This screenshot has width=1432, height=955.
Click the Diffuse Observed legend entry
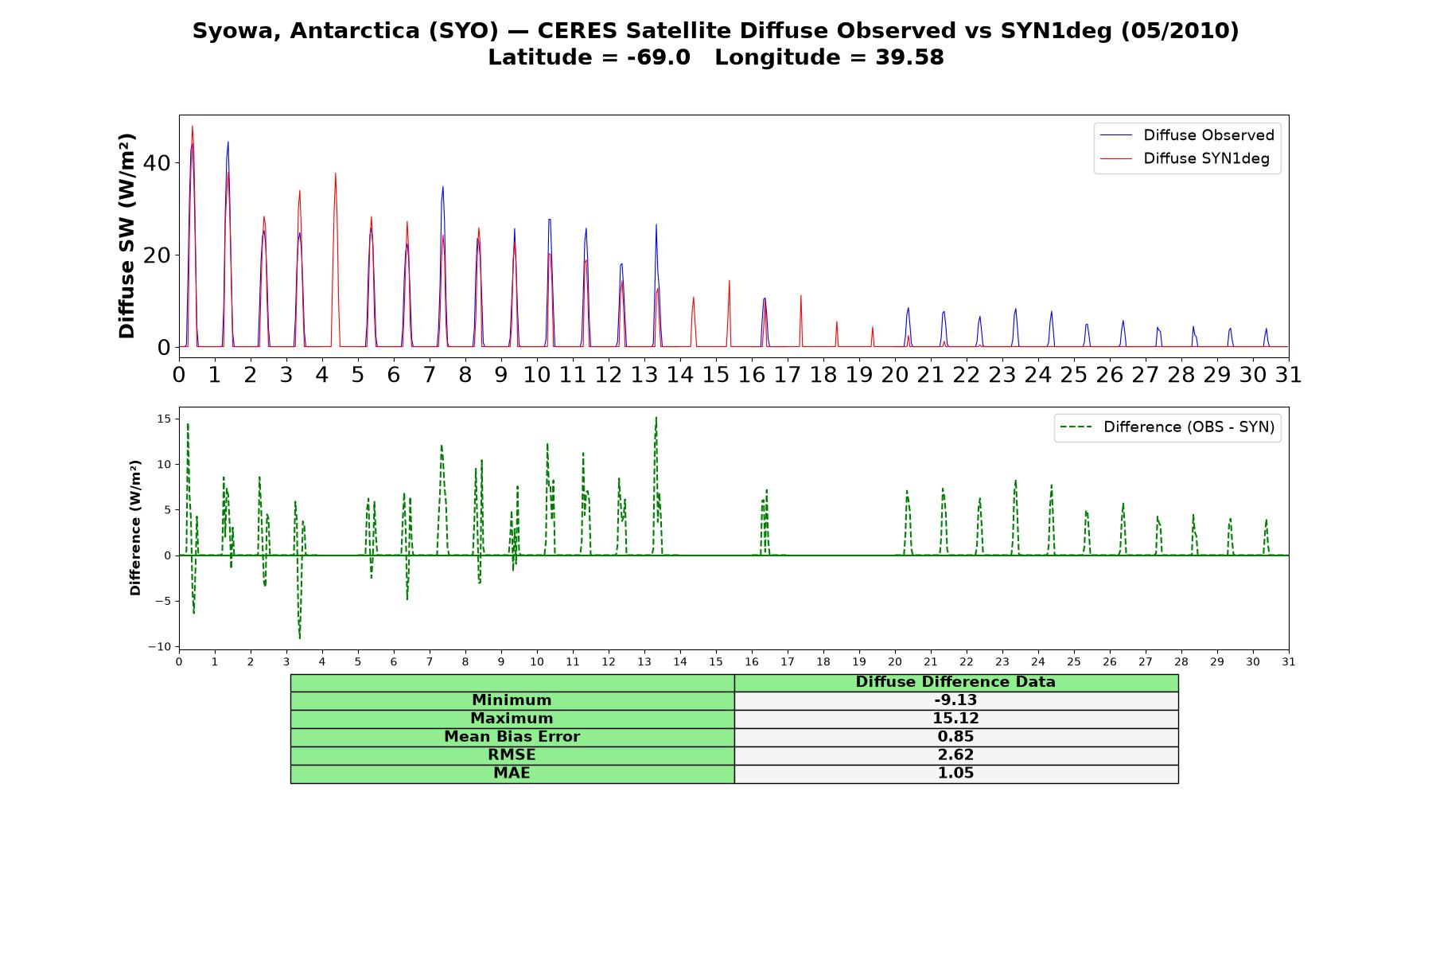[1187, 135]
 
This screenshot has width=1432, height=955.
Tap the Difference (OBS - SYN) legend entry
[1167, 427]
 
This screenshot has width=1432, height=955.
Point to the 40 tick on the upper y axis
[157, 163]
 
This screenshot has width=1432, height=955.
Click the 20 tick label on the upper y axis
[157, 255]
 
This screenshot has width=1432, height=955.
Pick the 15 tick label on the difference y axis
[164, 419]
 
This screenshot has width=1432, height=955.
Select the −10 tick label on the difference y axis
[159, 647]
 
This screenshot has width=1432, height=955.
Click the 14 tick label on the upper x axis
[679, 375]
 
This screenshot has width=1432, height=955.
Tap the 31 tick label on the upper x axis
[1288, 375]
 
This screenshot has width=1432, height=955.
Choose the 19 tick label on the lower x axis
[859, 661]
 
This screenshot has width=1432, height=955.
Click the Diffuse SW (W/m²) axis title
[127, 236]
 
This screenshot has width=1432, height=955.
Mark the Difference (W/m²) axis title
[135, 528]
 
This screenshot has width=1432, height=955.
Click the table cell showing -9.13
[955, 700]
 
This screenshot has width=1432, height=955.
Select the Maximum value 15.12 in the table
[955, 719]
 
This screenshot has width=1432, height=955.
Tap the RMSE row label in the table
[512, 755]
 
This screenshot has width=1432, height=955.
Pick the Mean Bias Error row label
[512, 737]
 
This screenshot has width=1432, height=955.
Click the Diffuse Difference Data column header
[955, 682]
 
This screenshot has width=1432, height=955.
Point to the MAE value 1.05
[955, 774]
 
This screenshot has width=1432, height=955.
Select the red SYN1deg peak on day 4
[336, 173]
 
